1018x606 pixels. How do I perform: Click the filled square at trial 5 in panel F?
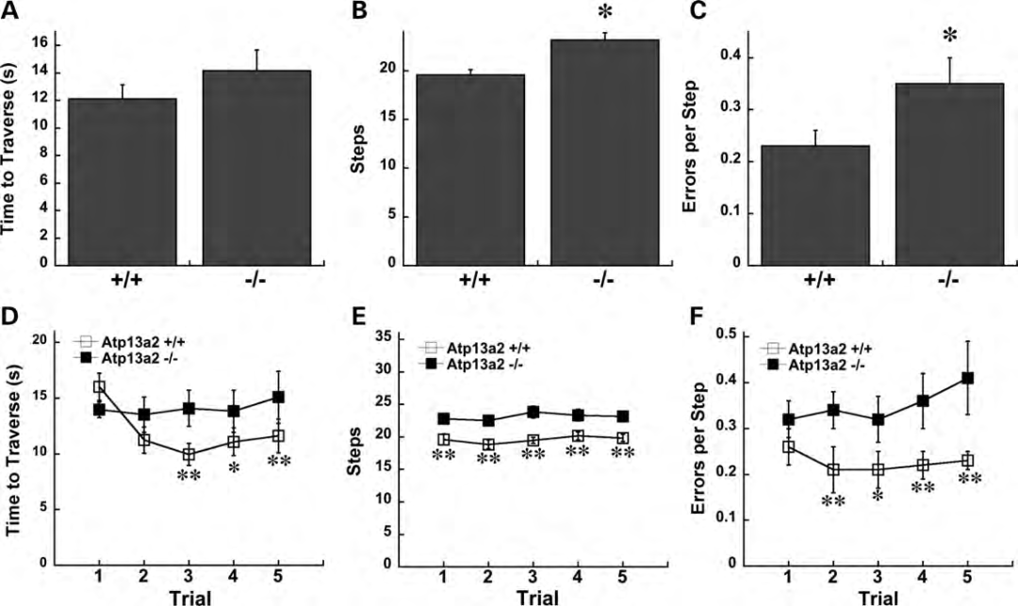[x=967, y=378]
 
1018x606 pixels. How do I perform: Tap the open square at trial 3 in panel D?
[x=189, y=454]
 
